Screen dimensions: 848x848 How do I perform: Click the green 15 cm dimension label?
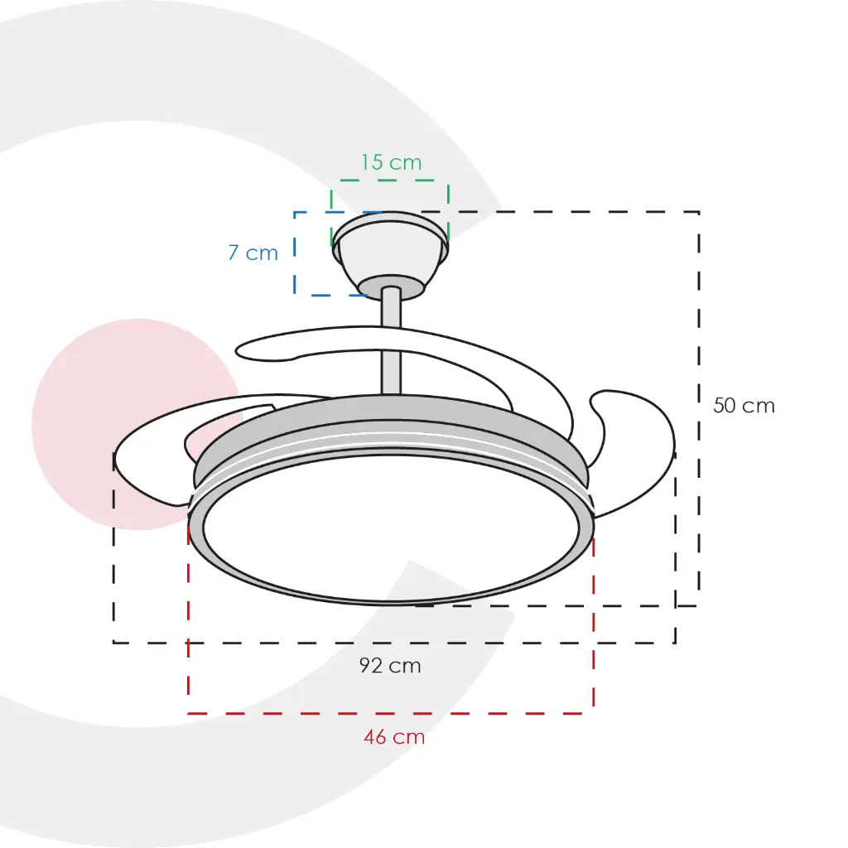pyautogui.click(x=391, y=162)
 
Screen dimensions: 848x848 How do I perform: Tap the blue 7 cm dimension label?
pyautogui.click(x=253, y=253)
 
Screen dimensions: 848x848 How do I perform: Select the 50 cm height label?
pyautogui.click(x=744, y=406)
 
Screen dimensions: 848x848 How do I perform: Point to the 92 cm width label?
pyautogui.click(x=390, y=665)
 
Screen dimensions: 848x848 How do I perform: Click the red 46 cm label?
pyautogui.click(x=393, y=736)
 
